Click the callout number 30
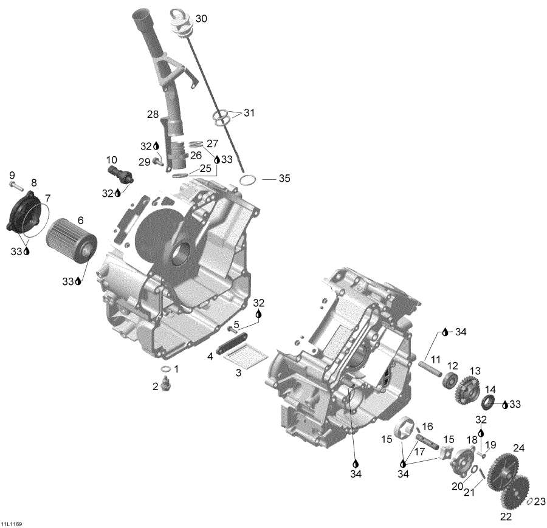201,19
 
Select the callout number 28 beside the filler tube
152,114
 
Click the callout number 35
284,179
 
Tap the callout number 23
540,501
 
